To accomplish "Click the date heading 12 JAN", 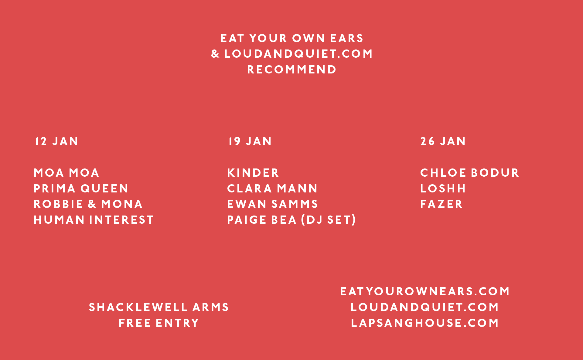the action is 57,141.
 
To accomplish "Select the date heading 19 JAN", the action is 250,141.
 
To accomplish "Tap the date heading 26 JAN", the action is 443,141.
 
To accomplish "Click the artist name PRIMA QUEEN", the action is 81,188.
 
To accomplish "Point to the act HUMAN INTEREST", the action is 94,220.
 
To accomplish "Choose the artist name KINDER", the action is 253,173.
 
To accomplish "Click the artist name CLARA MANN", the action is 272,188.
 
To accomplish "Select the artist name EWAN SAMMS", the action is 273,204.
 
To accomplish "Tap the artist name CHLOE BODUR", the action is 470,173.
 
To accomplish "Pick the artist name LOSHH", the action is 443,188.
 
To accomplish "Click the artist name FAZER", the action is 442,204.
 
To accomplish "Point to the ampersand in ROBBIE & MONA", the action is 92,204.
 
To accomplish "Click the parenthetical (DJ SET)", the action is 329,220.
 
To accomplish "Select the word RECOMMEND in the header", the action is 292,70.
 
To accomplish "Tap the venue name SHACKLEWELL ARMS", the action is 159,307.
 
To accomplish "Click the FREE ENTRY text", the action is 159,323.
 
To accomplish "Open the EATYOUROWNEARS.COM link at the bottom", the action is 425,291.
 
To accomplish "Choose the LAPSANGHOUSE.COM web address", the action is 425,323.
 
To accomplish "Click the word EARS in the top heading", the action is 347,38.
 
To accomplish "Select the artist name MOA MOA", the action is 66,173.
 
